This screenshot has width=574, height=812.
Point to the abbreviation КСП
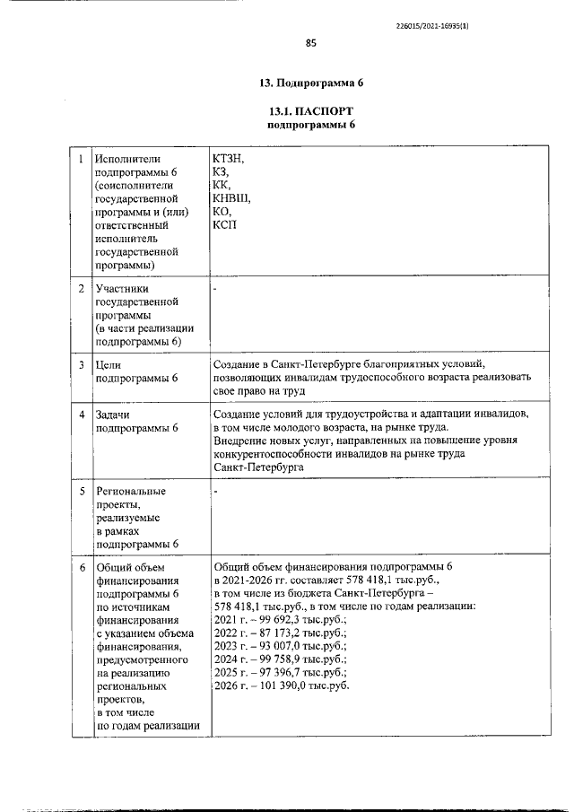pos(224,224)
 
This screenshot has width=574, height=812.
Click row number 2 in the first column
pos(82,289)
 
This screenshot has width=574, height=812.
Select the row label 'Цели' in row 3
pos(109,365)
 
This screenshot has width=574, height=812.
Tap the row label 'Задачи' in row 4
pos(114,415)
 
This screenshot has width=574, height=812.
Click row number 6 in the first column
pos(82,568)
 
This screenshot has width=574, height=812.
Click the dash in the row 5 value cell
pos(216,493)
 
